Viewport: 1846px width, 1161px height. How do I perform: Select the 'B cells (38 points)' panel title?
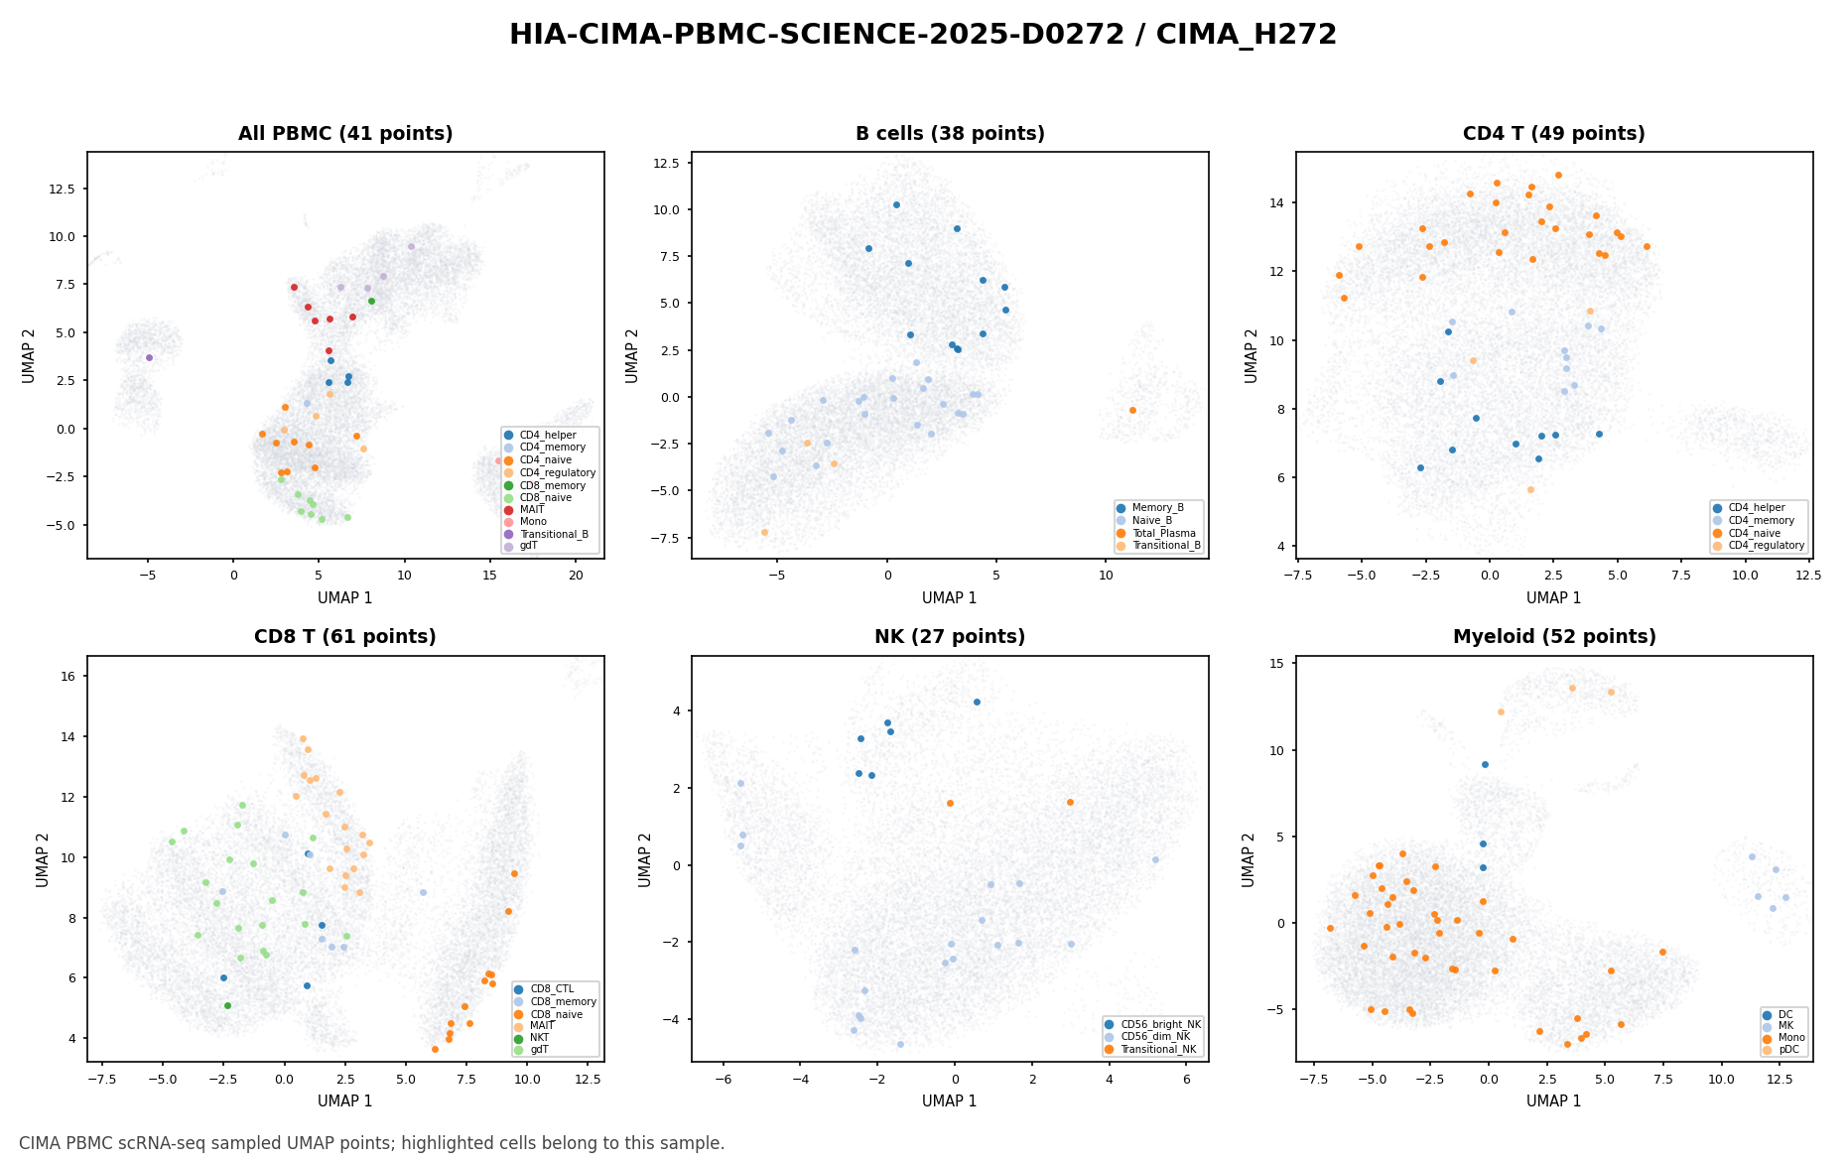pyautogui.click(x=950, y=134)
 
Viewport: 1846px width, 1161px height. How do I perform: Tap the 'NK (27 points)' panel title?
pyautogui.click(x=950, y=637)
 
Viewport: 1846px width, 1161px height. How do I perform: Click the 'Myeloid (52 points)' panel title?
pyautogui.click(x=1554, y=637)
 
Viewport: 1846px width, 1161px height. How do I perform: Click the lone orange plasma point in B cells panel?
pyautogui.click(x=1132, y=410)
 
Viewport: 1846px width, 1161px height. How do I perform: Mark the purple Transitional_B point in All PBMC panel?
pyautogui.click(x=149, y=357)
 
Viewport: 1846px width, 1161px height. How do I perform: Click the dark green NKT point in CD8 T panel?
pyautogui.click(x=227, y=1005)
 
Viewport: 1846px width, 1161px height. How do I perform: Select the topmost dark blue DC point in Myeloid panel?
pyautogui.click(x=1485, y=764)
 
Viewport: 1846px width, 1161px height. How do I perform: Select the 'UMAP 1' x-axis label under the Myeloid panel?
pyautogui.click(x=1554, y=1100)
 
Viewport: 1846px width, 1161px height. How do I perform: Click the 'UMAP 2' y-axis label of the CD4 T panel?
pyautogui.click(x=1252, y=355)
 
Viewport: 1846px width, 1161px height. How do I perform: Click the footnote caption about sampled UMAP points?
pyautogui.click(x=372, y=1143)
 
